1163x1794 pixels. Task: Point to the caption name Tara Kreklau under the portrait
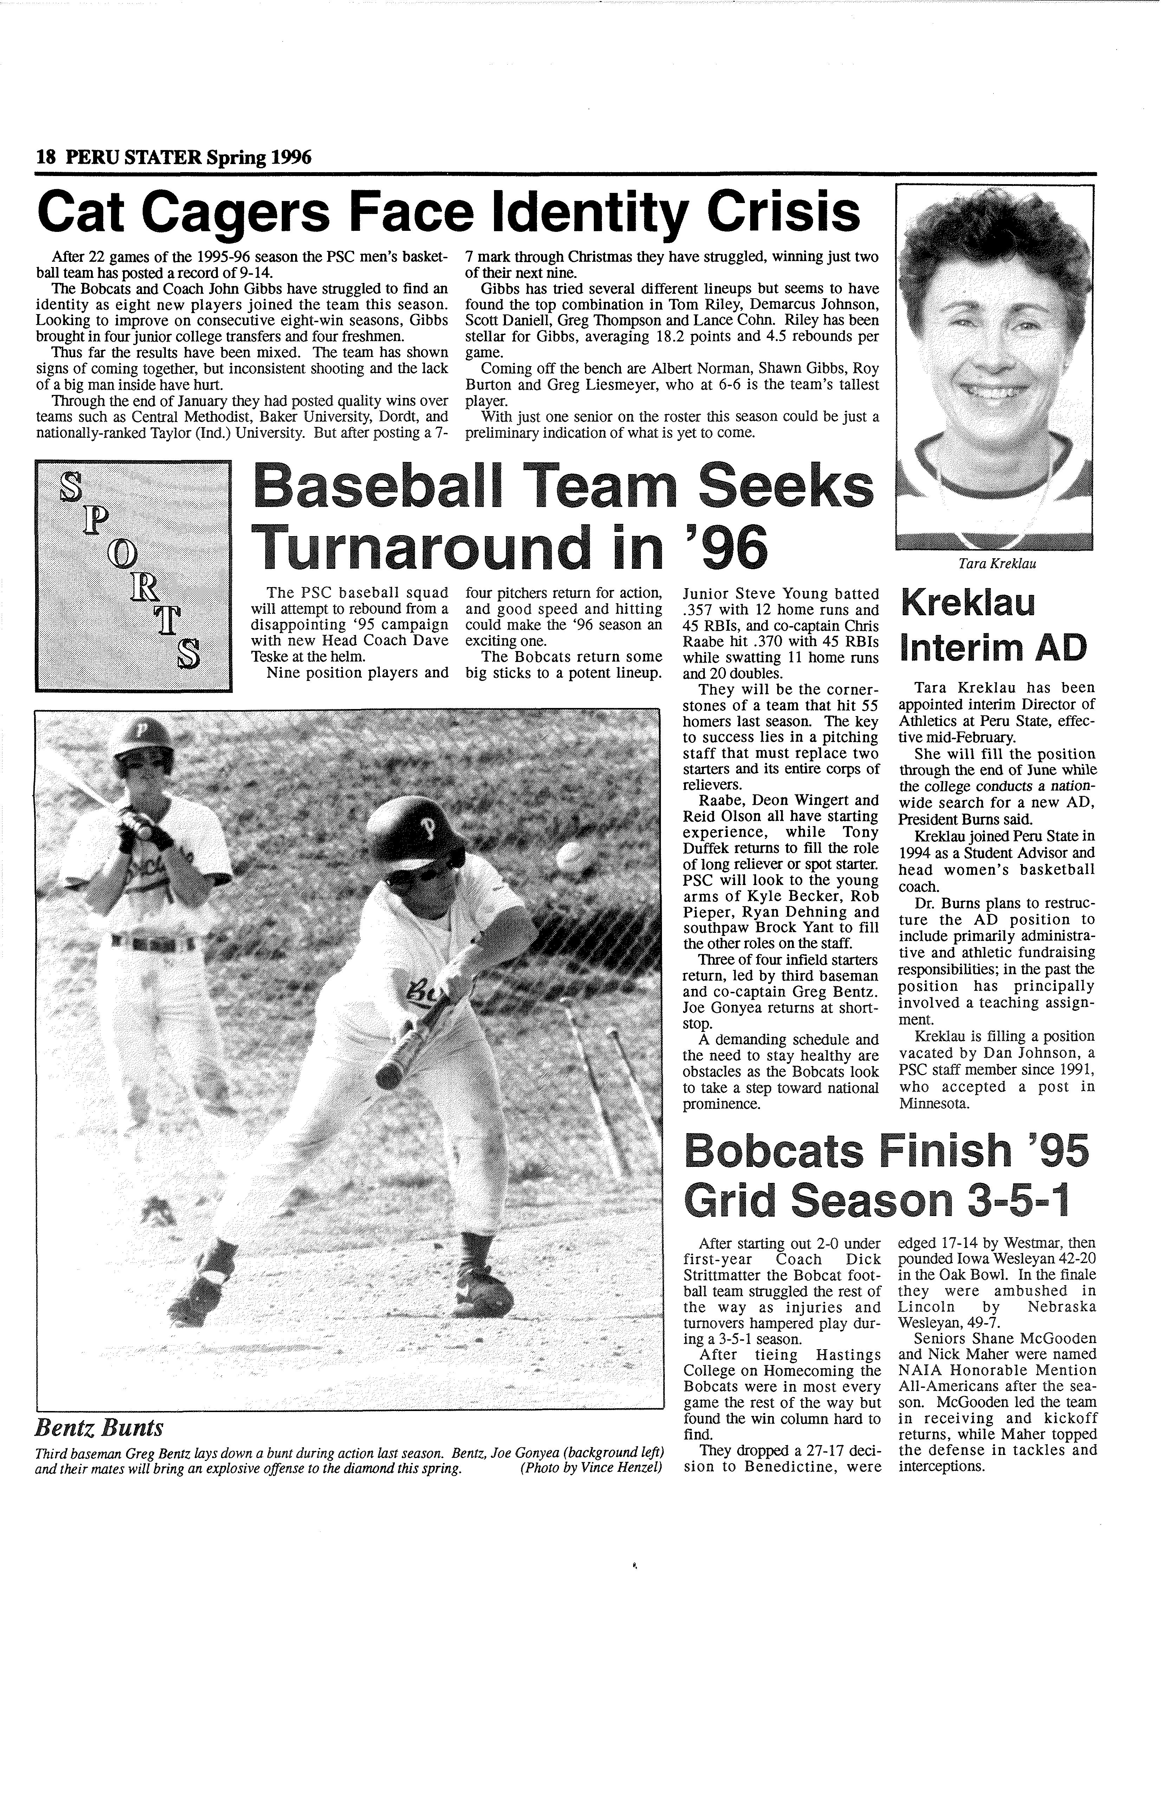coord(996,563)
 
